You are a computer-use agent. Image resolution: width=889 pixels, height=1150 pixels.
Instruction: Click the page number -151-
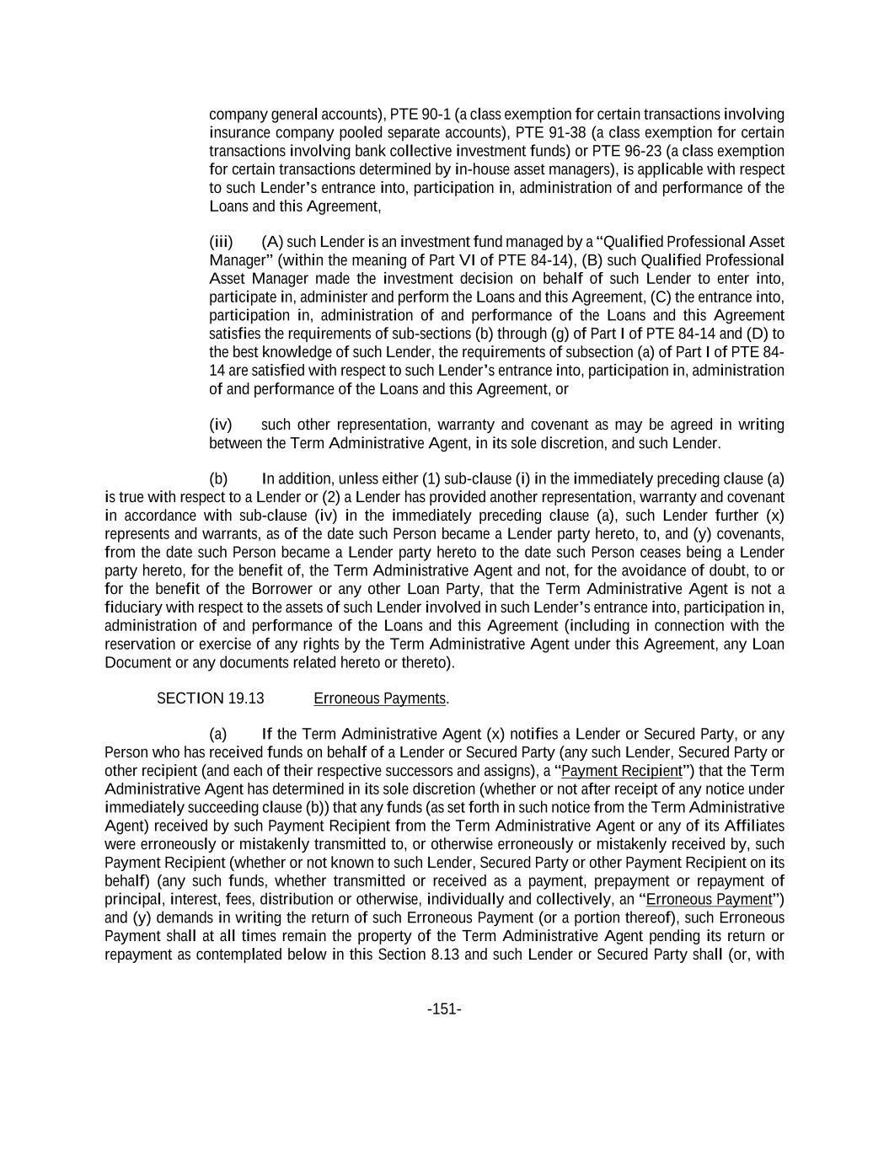coord(444,1008)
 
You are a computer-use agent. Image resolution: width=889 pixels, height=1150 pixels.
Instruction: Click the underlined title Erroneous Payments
coord(379,698)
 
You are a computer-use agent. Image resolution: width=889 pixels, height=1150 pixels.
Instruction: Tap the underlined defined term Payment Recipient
coord(622,771)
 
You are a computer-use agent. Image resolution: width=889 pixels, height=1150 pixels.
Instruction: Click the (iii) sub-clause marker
coord(221,243)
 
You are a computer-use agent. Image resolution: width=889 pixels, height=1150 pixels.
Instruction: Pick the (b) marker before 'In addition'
coord(218,479)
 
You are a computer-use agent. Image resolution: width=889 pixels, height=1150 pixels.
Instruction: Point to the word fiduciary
coord(134,607)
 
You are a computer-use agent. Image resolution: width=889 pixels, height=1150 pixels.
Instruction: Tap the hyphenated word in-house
coord(481,169)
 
